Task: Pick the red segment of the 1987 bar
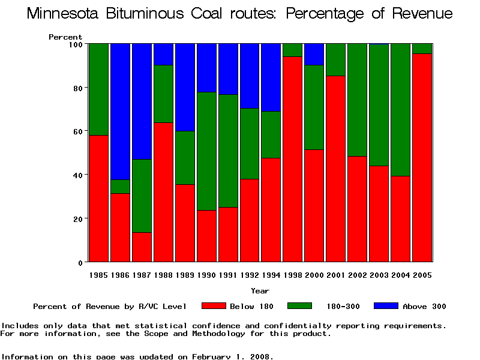[x=142, y=247]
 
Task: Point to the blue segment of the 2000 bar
[x=314, y=54]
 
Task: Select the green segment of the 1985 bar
[x=98, y=89]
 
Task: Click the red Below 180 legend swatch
[x=214, y=306]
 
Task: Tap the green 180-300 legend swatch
[x=300, y=306]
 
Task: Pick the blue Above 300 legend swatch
[x=386, y=306]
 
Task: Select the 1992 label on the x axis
[x=250, y=275]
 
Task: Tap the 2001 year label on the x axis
[x=335, y=275]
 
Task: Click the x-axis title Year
[x=260, y=291]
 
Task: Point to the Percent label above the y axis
[x=65, y=37]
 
